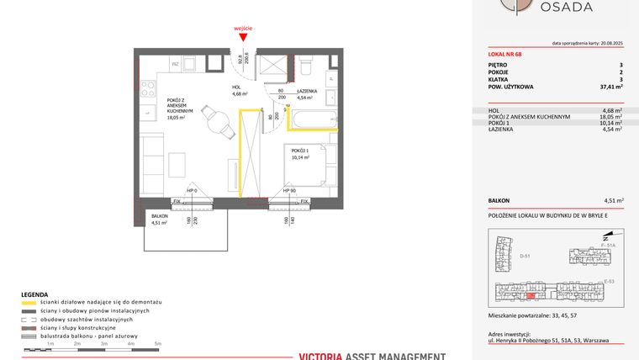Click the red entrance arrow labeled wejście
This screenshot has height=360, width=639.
coord(245,36)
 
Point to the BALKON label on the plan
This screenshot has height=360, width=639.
coord(160,216)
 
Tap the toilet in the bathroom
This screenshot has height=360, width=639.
coord(308,64)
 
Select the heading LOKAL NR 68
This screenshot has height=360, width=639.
coord(507,56)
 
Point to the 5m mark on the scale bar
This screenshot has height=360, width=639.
coord(157,344)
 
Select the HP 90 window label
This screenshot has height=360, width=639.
coord(288,191)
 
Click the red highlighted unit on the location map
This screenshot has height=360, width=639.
coord(531,295)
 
